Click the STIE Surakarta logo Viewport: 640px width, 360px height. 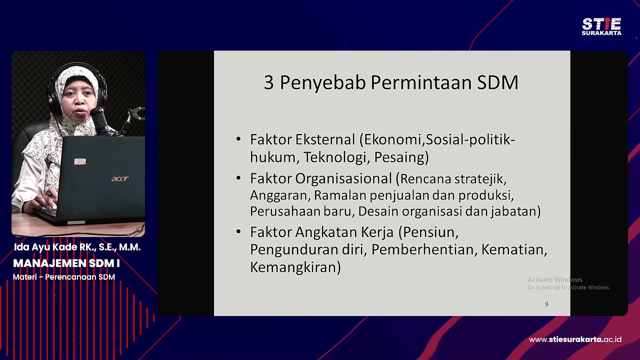coord(601,26)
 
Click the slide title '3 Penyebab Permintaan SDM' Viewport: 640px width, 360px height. coord(390,82)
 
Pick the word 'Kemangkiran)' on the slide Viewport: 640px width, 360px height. coord(295,267)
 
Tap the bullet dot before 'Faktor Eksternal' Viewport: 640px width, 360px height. coord(238,139)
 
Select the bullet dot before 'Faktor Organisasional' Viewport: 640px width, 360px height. coord(238,178)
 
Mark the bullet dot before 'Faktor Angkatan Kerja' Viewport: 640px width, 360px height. coord(238,232)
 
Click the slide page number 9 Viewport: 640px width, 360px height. coord(546,304)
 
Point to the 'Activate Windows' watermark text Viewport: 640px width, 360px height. coord(555,279)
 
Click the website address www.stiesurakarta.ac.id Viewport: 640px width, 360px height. coord(575,339)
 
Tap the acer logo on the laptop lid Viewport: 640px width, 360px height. coord(119,178)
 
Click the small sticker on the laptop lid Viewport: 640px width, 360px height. coord(80,161)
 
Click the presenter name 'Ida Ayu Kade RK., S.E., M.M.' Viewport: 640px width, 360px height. coord(77,247)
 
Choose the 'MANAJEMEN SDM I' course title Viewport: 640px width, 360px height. coord(66,263)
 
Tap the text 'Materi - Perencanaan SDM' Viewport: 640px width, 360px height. coord(64,277)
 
